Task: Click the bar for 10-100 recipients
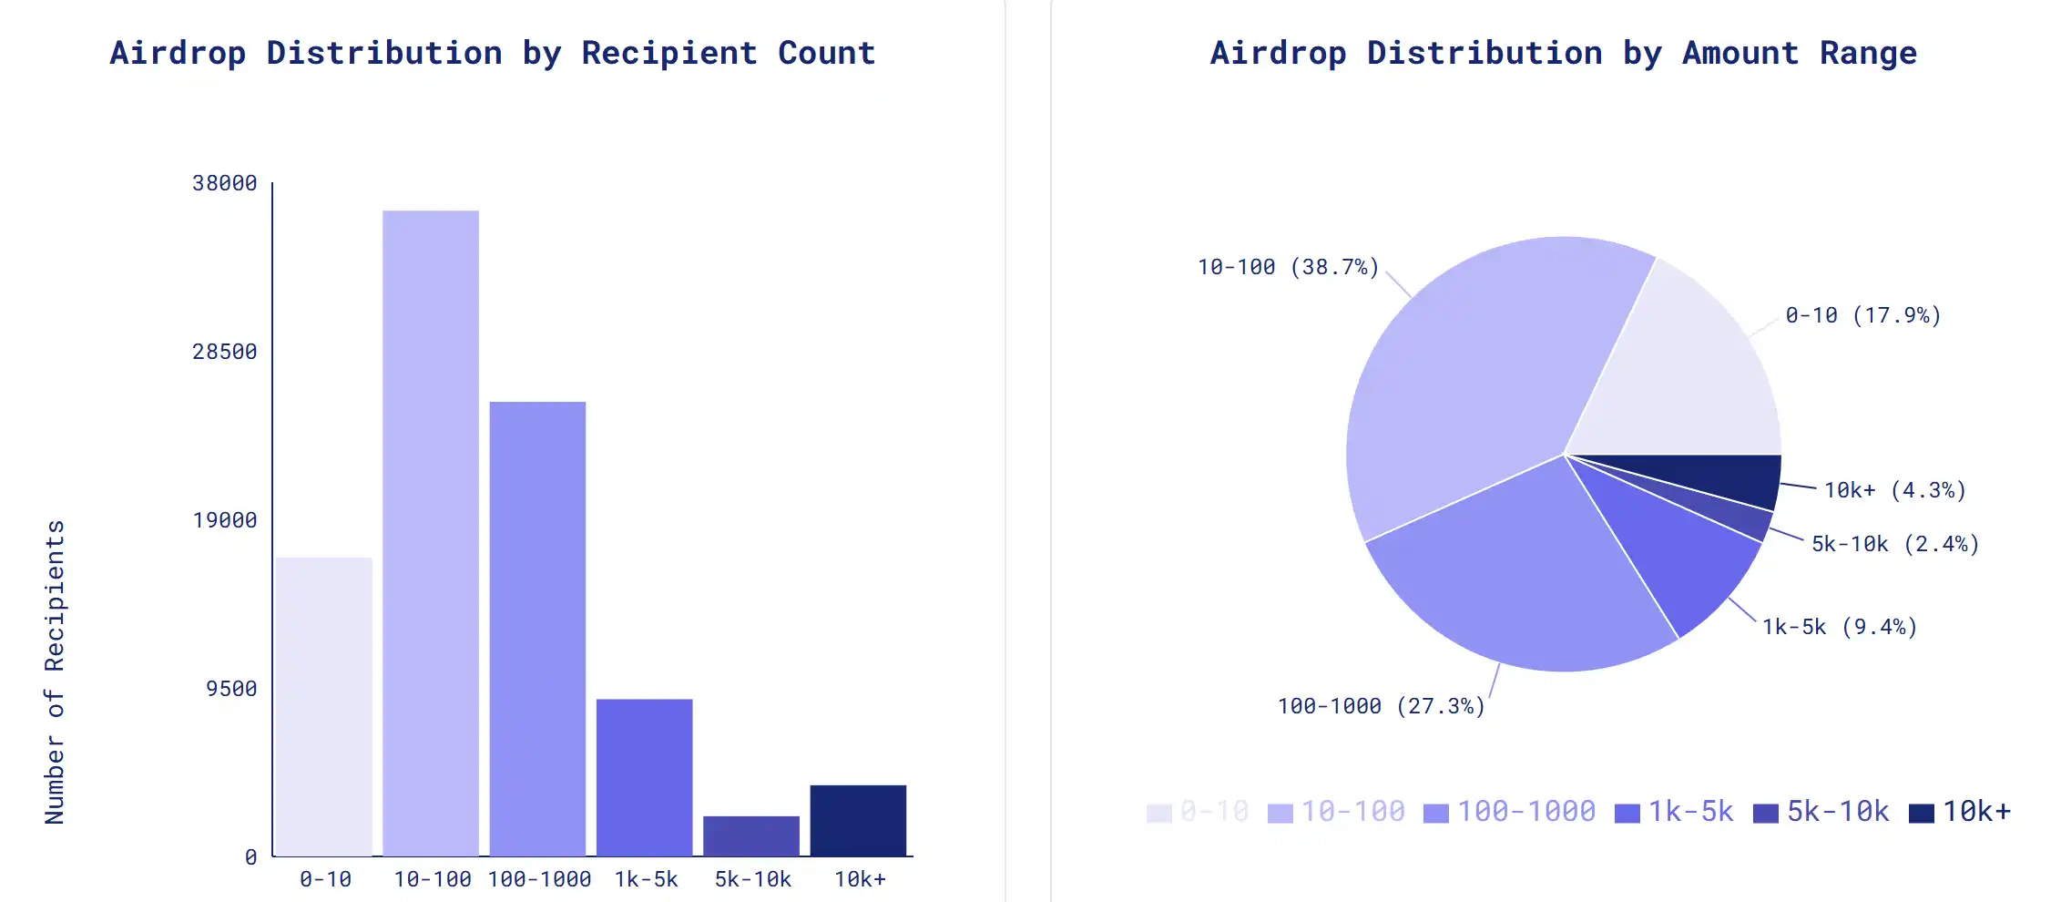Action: point(431,533)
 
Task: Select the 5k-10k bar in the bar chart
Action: point(751,835)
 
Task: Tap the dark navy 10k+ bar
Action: point(858,820)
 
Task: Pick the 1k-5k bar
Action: point(645,777)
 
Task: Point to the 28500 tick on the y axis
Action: point(225,352)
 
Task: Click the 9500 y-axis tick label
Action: point(231,689)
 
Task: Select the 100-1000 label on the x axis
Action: point(539,879)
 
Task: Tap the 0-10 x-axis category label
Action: point(325,879)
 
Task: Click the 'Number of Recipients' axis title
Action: point(55,672)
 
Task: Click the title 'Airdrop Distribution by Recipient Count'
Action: point(493,53)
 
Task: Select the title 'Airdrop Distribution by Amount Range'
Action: point(1564,53)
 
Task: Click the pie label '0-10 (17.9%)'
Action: point(1863,315)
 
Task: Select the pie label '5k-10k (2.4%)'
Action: point(1895,544)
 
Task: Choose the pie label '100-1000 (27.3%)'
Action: point(1381,706)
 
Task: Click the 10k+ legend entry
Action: point(1960,811)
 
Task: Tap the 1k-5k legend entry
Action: point(1674,811)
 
